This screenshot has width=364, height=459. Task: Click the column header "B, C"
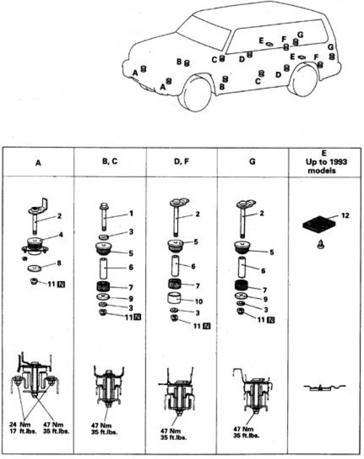tap(110, 163)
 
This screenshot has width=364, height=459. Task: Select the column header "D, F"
tap(181, 163)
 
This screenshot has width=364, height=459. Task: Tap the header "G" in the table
tap(252, 163)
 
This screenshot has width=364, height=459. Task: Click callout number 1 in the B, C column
tap(131, 213)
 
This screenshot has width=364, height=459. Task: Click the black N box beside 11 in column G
tap(271, 320)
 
